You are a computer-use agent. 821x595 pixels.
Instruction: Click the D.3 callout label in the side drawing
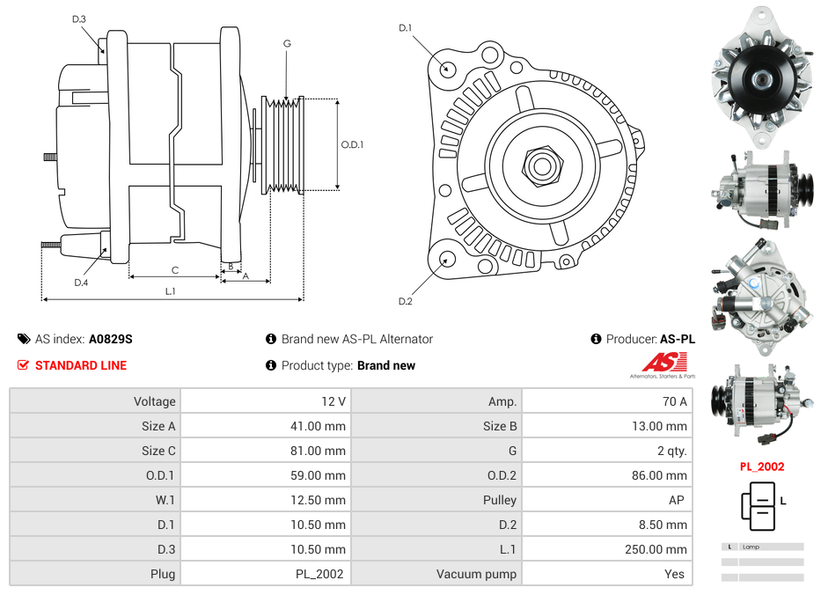tap(79, 18)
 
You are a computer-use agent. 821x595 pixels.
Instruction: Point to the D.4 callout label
tap(81, 283)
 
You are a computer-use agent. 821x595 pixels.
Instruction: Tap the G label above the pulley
tap(287, 43)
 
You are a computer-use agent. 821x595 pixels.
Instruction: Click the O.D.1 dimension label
tap(352, 144)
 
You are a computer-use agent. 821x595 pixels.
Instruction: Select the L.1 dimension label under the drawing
tap(171, 291)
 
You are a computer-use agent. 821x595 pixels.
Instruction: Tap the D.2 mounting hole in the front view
tap(447, 259)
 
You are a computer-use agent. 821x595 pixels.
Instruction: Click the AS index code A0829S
tap(111, 339)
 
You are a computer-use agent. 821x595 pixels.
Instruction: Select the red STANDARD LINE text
tap(81, 365)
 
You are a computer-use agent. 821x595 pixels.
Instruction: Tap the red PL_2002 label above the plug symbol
tap(761, 466)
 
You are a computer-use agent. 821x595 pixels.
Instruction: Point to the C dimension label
tap(175, 269)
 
